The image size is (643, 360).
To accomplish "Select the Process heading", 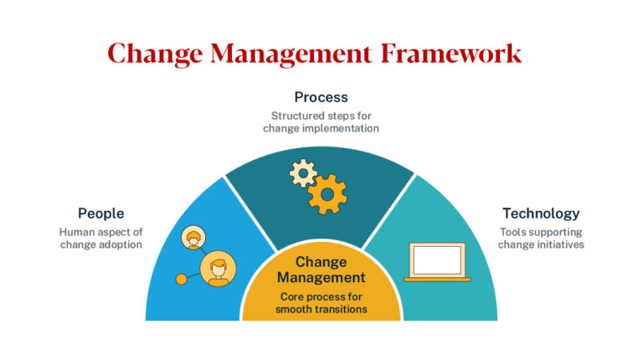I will pos(321,97).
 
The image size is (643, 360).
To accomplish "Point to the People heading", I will pos(100,213).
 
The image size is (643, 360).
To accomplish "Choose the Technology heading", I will pos(541,213).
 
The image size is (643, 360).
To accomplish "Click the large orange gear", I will pos(327,194).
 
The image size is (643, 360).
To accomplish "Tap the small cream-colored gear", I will pos(302,172).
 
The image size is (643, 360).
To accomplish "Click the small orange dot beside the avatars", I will pos(180,279).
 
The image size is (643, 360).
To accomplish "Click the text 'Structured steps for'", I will pos(321,116).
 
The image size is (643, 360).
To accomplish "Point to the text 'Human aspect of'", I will pos(100,232).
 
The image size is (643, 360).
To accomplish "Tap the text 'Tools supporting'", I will pos(541,232).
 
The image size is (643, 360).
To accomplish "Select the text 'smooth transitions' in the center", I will pos(321,310).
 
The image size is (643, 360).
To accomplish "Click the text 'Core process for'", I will pos(321,296).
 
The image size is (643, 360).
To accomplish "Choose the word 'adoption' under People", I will pos(122,244).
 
